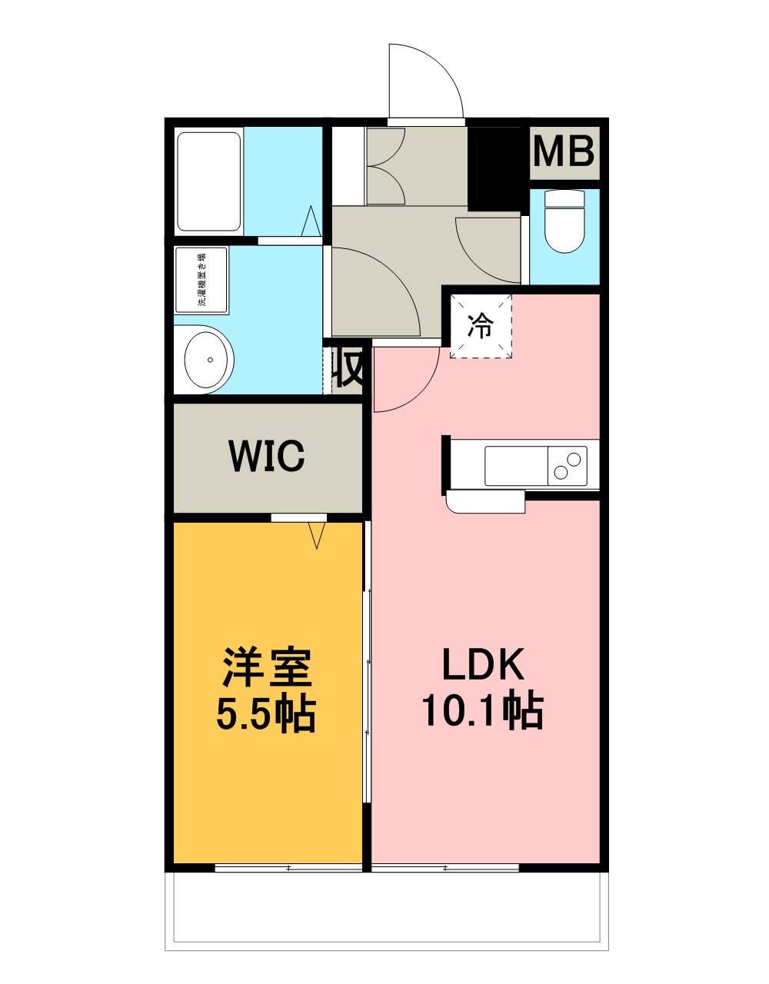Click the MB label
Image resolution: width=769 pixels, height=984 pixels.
(564, 152)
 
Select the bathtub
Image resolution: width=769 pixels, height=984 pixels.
(209, 182)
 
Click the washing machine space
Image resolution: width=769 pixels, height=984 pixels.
(201, 280)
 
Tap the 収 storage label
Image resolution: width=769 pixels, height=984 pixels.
(348, 369)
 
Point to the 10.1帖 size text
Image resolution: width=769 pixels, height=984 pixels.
(482, 712)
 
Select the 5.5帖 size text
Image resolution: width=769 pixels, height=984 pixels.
(267, 714)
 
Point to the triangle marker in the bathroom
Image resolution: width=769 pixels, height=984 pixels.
(311, 221)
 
